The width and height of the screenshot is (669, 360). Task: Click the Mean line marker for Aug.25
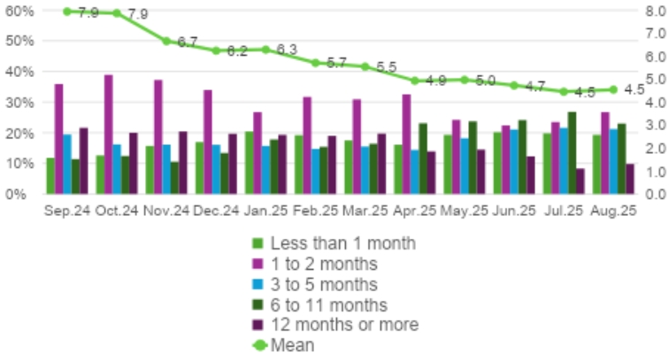coord(613,89)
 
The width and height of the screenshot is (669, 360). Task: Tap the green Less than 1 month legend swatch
coord(258,243)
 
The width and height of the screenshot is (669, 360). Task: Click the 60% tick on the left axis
coord(22,11)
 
